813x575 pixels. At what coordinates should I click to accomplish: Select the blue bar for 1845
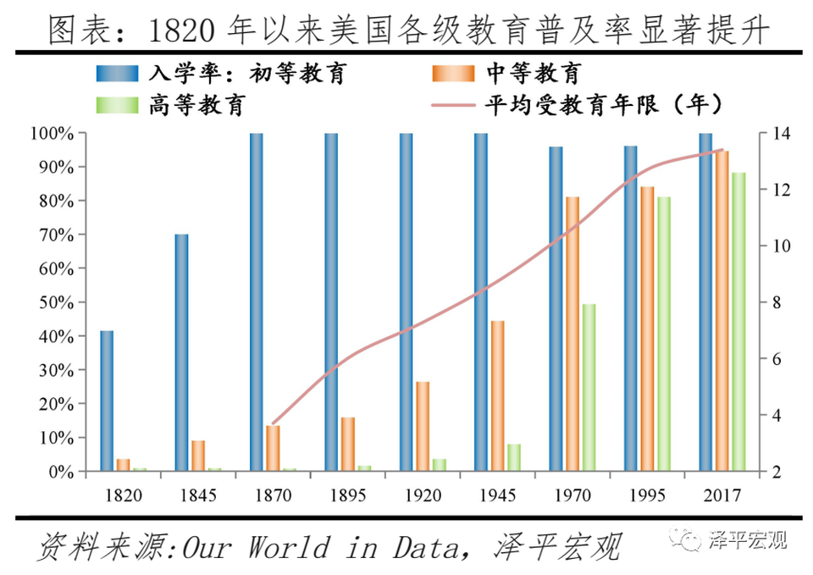click(181, 352)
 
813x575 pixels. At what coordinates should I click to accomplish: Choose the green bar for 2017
click(738, 322)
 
